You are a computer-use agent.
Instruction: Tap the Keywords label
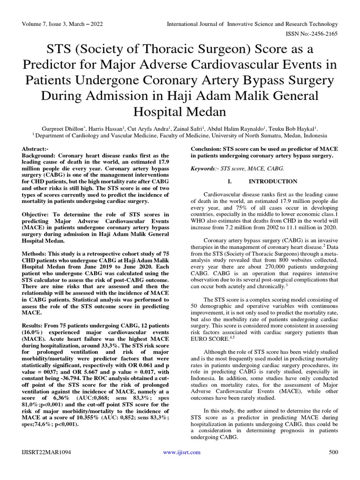[x=205, y=168]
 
